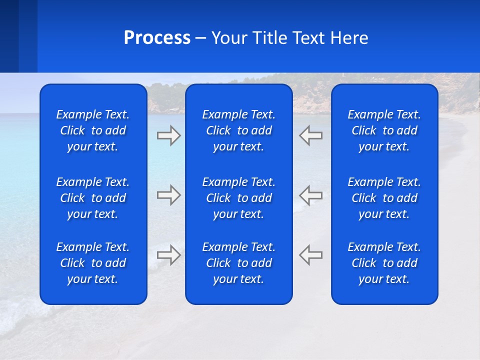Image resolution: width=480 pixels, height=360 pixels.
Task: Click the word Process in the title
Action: [157, 38]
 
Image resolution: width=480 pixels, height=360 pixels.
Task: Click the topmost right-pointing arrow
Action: [169, 135]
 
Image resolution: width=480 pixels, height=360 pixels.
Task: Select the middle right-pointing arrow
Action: [169, 195]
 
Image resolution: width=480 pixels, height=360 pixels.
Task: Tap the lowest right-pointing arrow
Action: [169, 254]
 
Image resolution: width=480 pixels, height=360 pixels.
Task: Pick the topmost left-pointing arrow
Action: [310, 135]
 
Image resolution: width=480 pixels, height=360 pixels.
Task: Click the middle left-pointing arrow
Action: [310, 195]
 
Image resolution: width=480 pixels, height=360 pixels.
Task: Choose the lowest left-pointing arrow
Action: [310, 254]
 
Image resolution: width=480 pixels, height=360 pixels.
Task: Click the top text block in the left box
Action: [93, 130]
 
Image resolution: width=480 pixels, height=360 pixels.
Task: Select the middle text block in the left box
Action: [93, 198]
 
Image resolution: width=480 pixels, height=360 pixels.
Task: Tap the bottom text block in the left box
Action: [93, 263]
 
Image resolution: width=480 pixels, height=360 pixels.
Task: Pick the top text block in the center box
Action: [238, 130]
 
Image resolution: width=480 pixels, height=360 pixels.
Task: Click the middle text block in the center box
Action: [238, 198]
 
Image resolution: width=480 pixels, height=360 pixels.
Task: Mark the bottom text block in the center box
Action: [238, 263]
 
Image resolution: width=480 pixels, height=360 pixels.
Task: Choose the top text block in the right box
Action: [384, 130]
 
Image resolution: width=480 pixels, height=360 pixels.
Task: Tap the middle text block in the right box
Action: [384, 198]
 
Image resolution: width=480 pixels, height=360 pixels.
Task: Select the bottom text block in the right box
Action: [384, 263]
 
